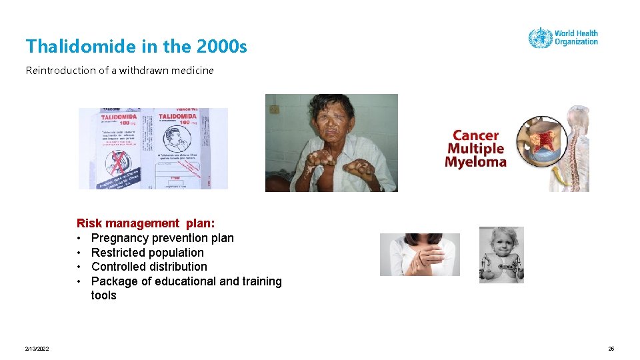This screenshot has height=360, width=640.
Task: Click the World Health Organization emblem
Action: coord(540,38)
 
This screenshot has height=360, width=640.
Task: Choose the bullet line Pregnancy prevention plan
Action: coord(162,238)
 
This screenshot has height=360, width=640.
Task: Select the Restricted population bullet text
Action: coord(147,253)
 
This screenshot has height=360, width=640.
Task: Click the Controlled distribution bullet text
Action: coord(149,267)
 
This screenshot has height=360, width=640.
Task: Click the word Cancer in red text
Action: coord(475,136)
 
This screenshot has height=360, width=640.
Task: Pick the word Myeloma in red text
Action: coord(475,163)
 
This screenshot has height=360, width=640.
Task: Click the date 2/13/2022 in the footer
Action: coord(37,349)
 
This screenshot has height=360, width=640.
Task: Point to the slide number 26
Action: coord(611,349)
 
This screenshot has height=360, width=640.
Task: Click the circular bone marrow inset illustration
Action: coord(543,141)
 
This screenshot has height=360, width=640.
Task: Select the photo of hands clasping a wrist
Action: coord(419,255)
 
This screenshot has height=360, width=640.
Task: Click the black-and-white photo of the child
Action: coord(501,255)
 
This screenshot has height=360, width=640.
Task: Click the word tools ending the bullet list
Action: coord(103,295)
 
